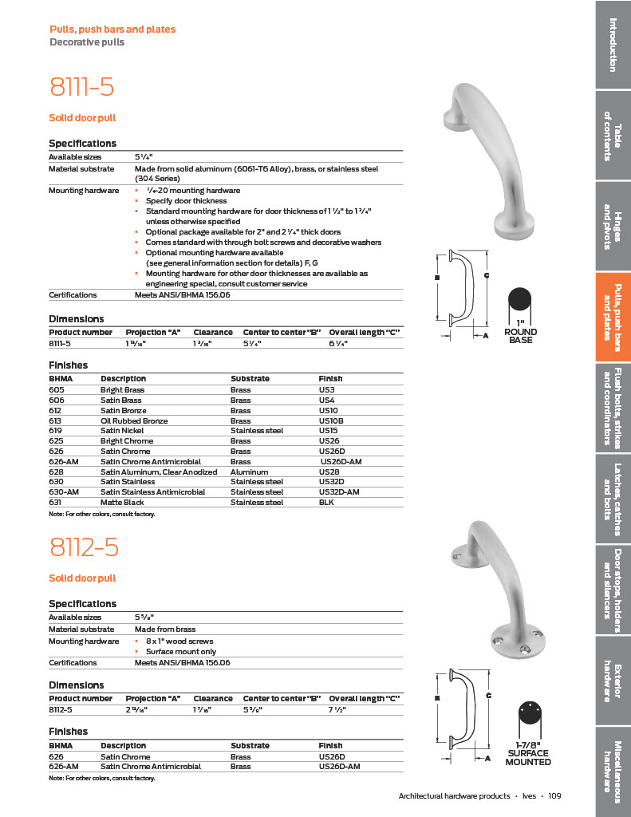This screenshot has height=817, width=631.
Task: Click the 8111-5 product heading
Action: point(81,86)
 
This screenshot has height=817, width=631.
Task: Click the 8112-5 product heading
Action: point(84,547)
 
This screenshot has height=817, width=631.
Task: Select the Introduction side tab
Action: point(613,45)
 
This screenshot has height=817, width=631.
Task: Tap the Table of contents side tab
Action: point(613,136)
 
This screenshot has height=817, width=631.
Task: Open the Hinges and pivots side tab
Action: point(613,226)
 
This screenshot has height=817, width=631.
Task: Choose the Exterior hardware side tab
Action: point(613,681)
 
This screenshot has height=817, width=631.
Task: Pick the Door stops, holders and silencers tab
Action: point(613,590)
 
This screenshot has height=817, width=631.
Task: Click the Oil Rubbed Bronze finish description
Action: point(133,420)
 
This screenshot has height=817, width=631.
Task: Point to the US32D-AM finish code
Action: point(339,492)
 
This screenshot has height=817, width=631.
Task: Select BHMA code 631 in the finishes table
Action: point(55,503)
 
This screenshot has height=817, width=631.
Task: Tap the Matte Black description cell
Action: point(123,503)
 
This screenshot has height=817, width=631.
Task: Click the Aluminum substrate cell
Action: point(249,472)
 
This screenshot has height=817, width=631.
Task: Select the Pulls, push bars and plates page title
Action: point(112,30)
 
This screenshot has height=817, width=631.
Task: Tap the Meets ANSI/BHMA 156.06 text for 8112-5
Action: point(183,663)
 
